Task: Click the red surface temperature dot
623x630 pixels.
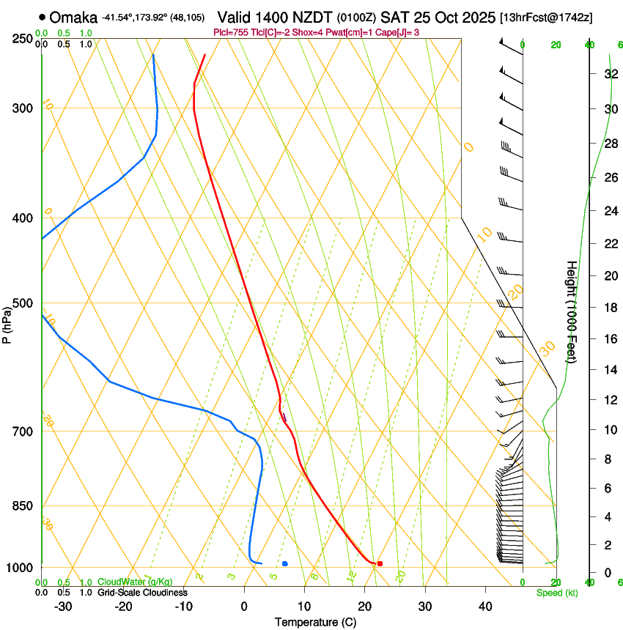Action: (380, 563)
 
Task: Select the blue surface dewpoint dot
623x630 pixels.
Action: (284, 563)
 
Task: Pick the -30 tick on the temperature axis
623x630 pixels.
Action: (63, 607)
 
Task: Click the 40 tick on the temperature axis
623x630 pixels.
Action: (484, 607)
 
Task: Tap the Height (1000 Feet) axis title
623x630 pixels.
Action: (572, 311)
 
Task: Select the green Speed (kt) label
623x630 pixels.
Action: (557, 593)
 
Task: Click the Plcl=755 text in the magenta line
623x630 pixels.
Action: (229, 32)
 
